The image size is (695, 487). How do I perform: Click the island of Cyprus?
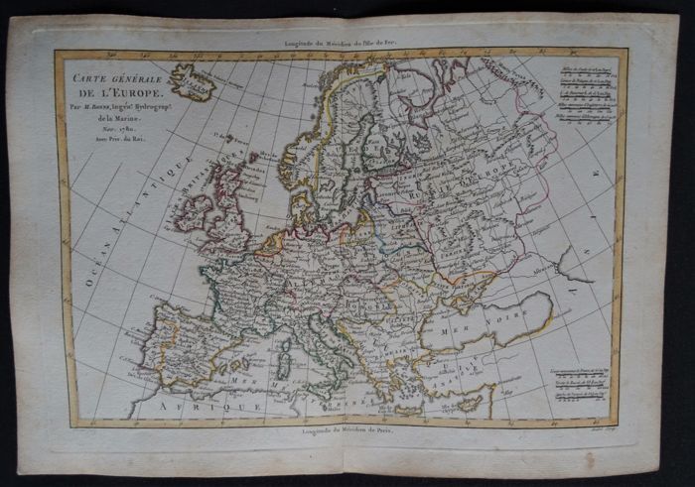(x=470, y=402)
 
